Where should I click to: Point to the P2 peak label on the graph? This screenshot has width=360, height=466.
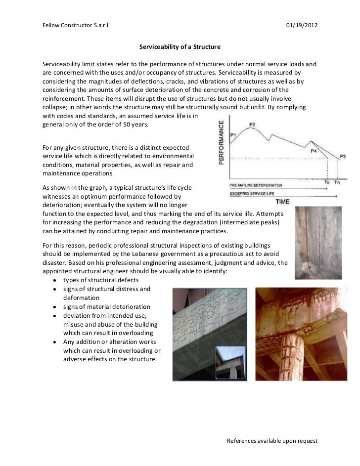pos(252,125)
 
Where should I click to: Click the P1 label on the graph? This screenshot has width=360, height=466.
pos(233,134)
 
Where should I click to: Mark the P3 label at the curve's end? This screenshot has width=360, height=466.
pos(343,156)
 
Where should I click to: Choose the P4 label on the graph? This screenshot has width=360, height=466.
pos(314,150)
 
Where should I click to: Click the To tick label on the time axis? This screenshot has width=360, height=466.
pos(327,183)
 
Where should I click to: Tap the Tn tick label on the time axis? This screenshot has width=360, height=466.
pos(338,183)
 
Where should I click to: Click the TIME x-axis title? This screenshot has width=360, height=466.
pos(283,202)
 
